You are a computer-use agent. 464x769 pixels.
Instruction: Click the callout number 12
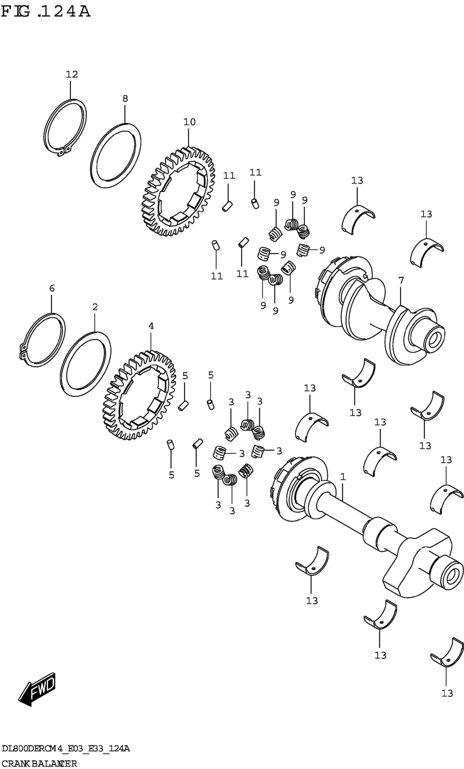tap(72, 74)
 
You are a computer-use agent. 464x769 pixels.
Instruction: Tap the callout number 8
tap(125, 99)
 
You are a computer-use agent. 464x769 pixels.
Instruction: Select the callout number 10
tap(189, 122)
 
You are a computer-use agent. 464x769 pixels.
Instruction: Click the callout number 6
tap(52, 288)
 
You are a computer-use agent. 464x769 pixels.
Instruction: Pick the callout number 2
tap(95, 307)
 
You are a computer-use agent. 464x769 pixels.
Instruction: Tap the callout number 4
tap(151, 326)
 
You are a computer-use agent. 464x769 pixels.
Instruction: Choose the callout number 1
tap(343, 477)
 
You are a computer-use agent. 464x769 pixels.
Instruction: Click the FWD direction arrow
tap(37, 689)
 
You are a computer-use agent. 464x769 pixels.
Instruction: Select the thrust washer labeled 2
tap(63, 375)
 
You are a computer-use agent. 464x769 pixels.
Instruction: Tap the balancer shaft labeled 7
tap(375, 312)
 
